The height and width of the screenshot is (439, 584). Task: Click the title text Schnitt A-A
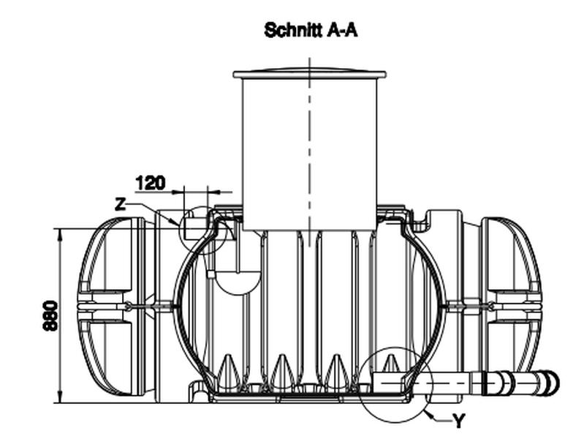tap(311, 30)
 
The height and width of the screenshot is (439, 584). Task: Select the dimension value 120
tap(150, 182)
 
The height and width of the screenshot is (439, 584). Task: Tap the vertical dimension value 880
tap(50, 315)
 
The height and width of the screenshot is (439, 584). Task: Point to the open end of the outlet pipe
tap(553, 383)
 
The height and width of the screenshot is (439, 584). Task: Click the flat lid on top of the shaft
tap(309, 74)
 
